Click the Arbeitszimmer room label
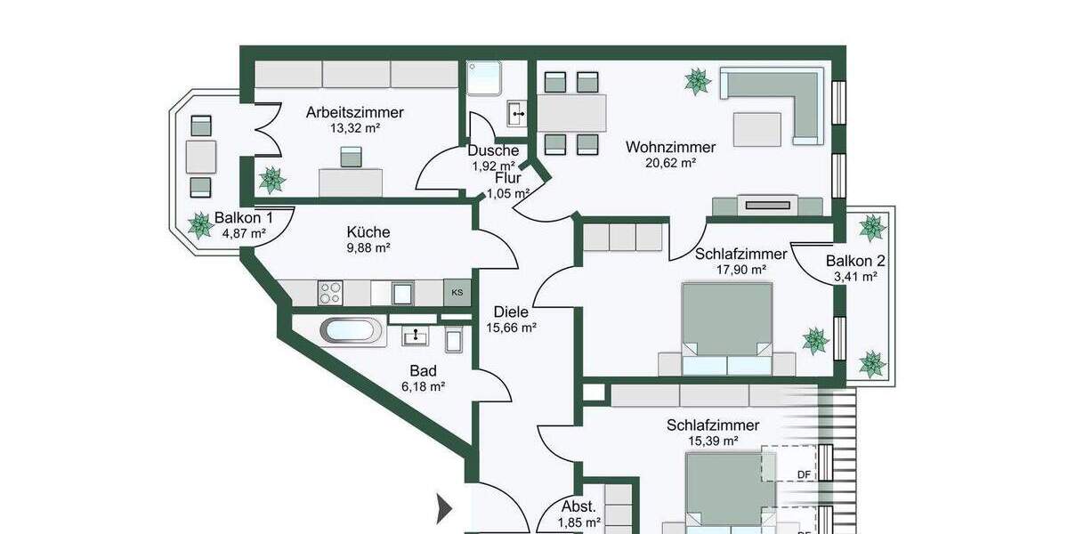point(354,113)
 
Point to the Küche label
point(368,232)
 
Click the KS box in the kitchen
point(457,292)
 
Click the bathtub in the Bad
point(352,332)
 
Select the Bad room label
point(423,370)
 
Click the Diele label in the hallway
point(511,312)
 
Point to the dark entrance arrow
point(443,509)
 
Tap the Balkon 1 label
point(243,218)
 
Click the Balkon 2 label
point(855,261)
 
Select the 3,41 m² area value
point(855,277)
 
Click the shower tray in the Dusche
point(485,78)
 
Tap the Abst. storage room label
point(578,507)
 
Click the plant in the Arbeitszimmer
point(271,180)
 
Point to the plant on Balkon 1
point(201,225)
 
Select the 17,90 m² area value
point(740,270)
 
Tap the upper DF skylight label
point(804,474)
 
